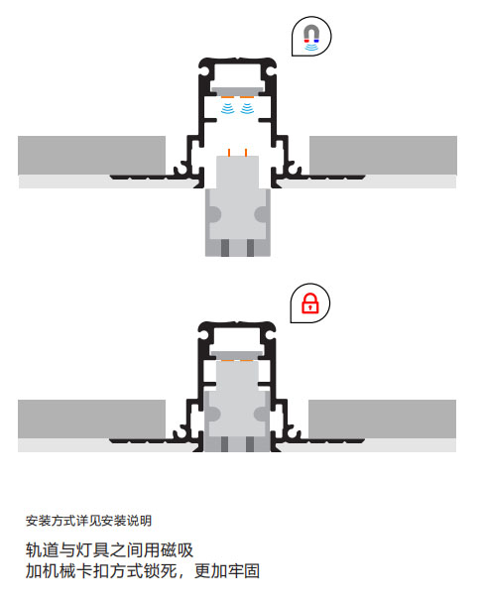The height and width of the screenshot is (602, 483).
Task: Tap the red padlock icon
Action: [310, 303]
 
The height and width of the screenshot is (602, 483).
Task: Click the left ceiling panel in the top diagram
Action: [92, 156]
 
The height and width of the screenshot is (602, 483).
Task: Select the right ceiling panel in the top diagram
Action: [383, 156]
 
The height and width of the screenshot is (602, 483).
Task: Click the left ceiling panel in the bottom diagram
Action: [92, 420]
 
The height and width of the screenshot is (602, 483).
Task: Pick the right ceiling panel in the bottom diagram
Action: [383, 420]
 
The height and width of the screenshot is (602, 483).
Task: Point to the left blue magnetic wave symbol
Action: [228, 108]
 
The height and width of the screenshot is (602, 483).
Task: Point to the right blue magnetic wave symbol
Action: [247, 108]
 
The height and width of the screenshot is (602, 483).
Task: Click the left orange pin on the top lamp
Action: [229, 152]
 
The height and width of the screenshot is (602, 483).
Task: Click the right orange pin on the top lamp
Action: [246, 152]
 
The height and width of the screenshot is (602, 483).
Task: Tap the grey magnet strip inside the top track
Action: [237, 91]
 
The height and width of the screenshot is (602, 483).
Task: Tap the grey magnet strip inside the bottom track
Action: [237, 355]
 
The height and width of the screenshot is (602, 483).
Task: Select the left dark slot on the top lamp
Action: [225, 248]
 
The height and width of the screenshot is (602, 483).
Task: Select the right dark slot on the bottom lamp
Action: [250, 444]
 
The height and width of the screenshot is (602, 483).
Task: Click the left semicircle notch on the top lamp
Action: [215, 214]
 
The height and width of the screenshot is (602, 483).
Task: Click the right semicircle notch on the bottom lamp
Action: [260, 414]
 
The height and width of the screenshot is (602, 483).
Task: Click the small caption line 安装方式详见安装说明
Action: [88, 521]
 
